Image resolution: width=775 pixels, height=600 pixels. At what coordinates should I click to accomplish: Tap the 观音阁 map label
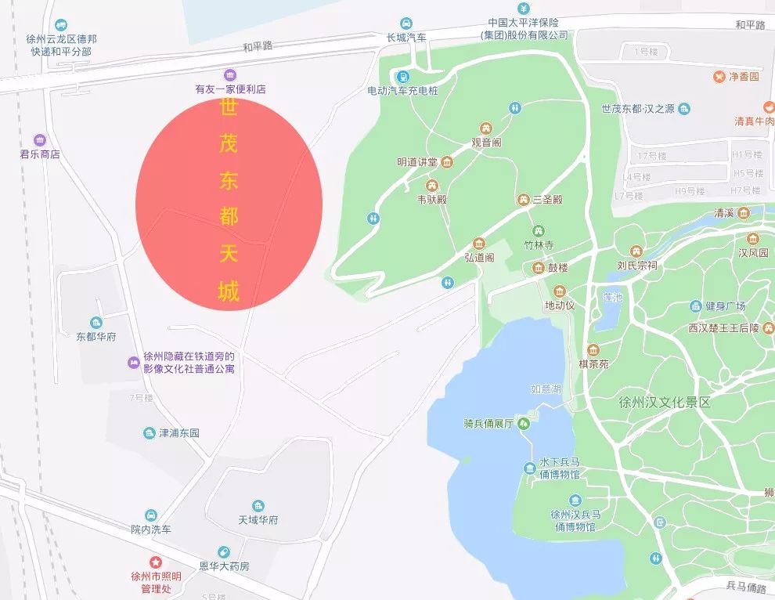point(486,143)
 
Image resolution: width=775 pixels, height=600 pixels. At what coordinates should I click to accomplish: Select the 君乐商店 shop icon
point(40,140)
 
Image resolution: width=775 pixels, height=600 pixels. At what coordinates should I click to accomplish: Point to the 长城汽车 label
point(406,38)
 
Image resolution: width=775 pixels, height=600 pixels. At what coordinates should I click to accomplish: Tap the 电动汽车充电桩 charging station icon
point(402,76)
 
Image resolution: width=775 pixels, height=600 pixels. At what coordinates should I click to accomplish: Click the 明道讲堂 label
point(417,162)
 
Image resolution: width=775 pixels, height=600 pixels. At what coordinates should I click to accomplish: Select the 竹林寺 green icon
point(539,231)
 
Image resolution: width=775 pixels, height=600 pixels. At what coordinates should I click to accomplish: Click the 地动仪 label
point(560,305)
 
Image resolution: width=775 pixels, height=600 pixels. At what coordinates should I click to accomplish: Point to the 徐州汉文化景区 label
point(664,403)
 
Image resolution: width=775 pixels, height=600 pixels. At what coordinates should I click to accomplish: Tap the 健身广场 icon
point(694,306)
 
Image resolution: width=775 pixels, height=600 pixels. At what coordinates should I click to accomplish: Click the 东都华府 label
point(96,337)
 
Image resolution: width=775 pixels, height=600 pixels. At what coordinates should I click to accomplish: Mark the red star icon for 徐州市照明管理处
point(156,562)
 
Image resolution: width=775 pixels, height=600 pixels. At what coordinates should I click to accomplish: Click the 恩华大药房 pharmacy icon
point(224,552)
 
